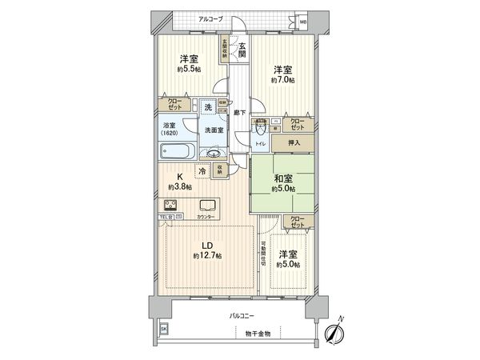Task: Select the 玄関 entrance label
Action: point(242,50)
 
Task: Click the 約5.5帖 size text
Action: point(189,70)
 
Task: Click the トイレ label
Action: point(260,143)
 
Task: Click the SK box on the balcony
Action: point(165,329)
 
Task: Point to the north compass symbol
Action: point(334,332)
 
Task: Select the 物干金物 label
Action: point(258,332)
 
